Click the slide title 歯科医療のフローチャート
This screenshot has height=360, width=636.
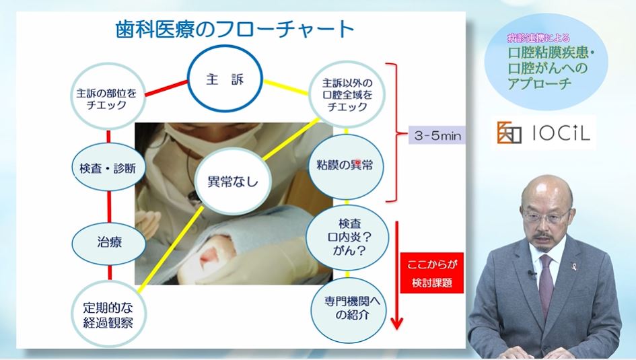point(235,29)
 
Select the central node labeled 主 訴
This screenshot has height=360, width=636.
point(225,78)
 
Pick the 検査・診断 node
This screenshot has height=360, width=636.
point(108,167)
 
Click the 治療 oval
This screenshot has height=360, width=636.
point(109,243)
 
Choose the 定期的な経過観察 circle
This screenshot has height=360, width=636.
point(108,314)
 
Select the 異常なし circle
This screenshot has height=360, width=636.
point(233,181)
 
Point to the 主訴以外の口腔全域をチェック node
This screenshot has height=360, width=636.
point(347,94)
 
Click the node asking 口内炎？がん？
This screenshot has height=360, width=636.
point(348,238)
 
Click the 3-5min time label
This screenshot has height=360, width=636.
point(437,135)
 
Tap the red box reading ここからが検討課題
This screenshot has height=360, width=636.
point(432,273)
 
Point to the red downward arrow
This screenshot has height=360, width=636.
point(396,276)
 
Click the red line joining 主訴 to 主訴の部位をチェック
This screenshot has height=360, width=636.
point(167,88)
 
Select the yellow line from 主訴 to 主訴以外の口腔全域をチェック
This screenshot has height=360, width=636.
point(285,88)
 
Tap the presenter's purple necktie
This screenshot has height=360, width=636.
point(546,280)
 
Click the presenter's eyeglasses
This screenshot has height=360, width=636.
point(546,215)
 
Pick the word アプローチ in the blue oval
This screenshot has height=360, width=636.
point(540,83)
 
